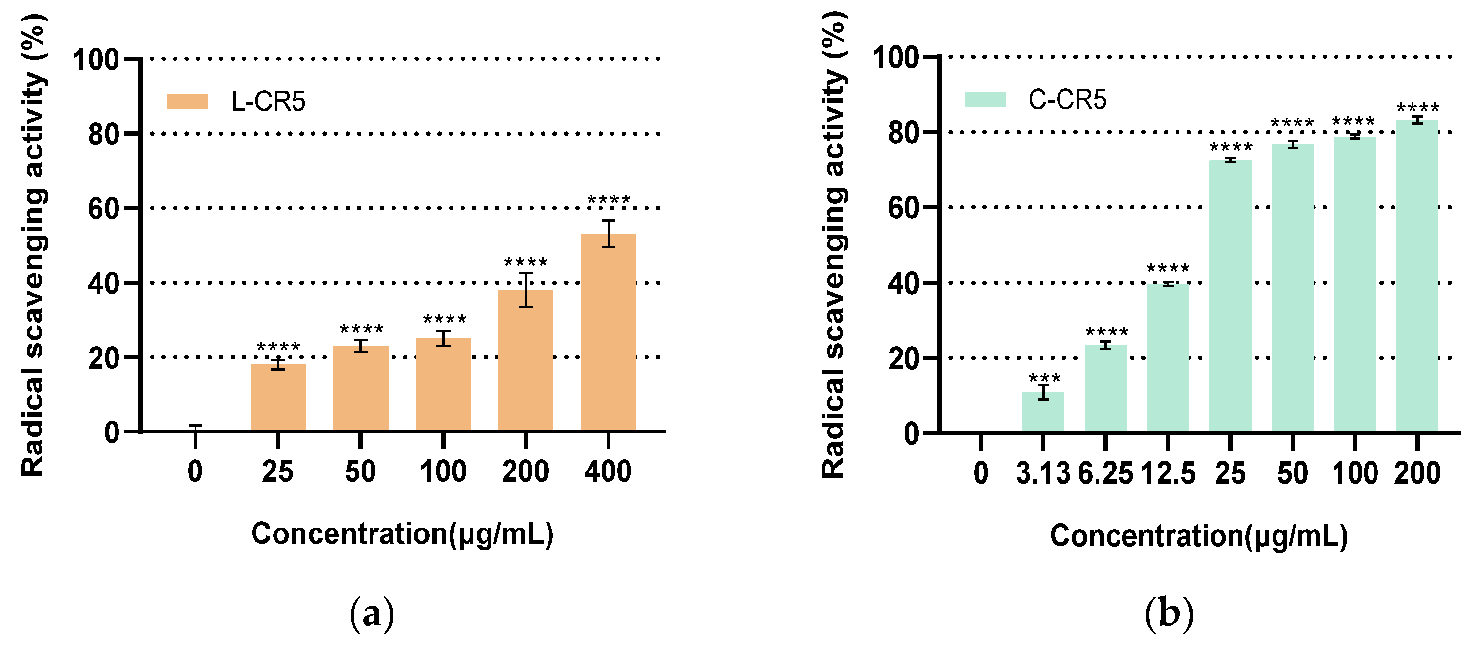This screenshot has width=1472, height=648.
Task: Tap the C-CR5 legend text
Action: tap(1067, 99)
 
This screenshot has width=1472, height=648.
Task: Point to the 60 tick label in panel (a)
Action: tap(103, 209)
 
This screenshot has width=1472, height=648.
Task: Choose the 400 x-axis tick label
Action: tap(608, 471)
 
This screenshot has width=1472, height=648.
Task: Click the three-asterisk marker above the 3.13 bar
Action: tap(1044, 379)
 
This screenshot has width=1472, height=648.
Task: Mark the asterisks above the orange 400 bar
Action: tap(608, 200)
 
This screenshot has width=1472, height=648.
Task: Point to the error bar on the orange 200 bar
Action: tap(525, 290)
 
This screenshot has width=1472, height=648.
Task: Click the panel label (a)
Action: tap(372, 614)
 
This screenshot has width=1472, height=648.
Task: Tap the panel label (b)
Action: tap(1169, 614)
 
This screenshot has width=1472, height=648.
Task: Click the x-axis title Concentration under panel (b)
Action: tap(1198, 536)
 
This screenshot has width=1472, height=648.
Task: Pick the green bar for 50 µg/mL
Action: tap(1292, 288)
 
